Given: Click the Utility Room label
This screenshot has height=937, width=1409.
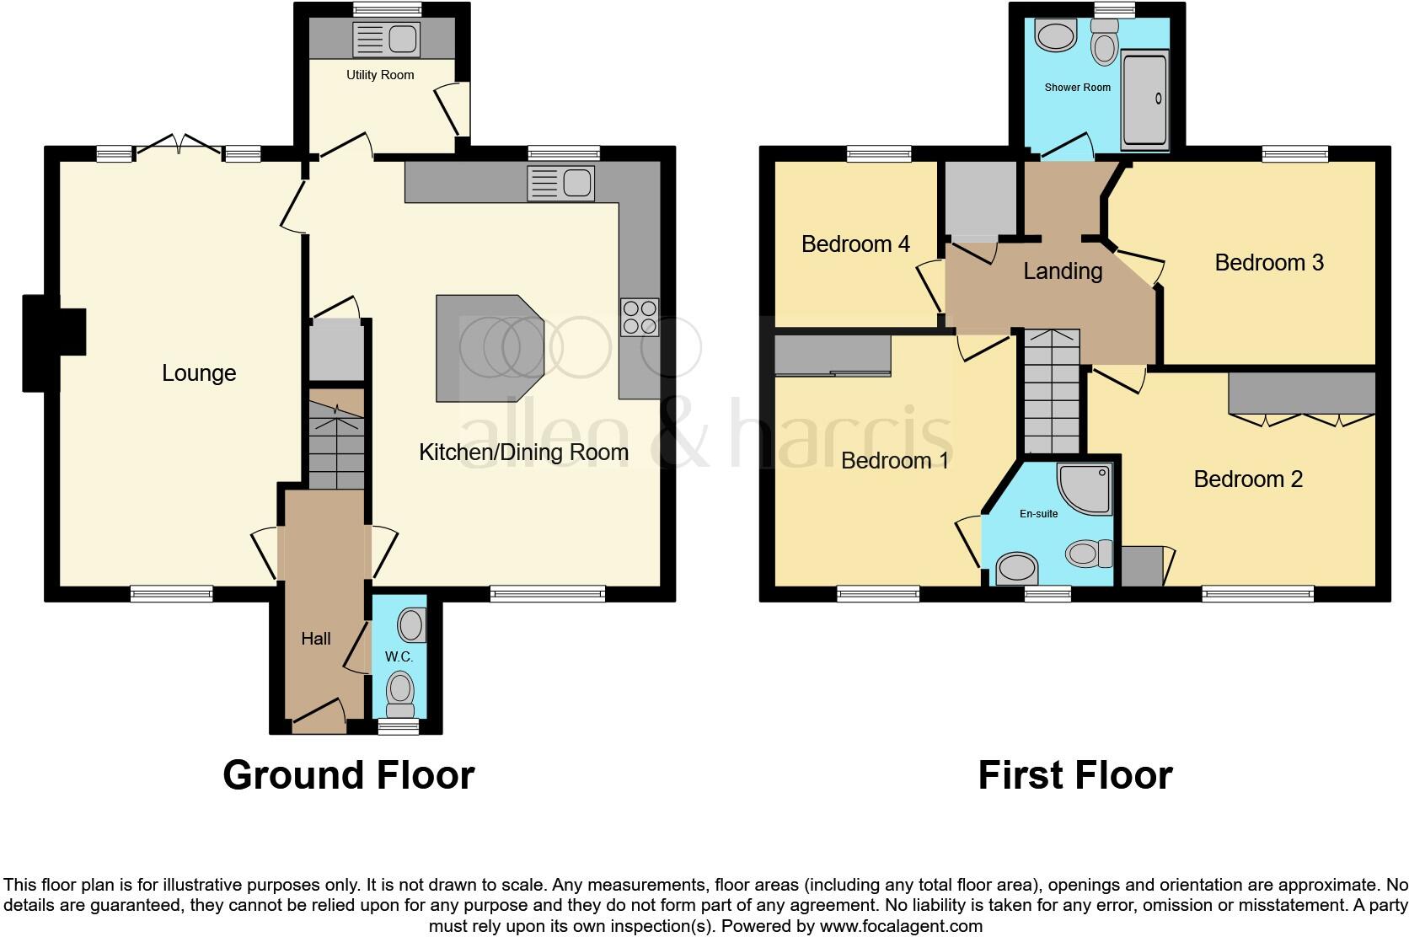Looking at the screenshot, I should [380, 75].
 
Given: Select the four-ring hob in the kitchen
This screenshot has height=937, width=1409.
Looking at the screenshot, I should [639, 318].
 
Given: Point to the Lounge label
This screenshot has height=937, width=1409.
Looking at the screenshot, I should [199, 373].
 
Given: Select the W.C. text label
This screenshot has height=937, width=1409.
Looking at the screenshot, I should [398, 656].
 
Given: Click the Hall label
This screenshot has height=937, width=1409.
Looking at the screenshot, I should [316, 639].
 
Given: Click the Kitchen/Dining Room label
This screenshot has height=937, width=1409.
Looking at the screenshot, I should [523, 452].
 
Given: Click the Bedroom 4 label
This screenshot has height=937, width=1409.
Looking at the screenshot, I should [855, 244].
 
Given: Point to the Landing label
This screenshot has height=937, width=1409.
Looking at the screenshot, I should [1063, 271].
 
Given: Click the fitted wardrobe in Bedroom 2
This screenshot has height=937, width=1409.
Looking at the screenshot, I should [1301, 393].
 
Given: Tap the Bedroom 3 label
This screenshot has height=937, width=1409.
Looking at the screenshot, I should [1269, 263].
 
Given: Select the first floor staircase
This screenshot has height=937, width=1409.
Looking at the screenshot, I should [1052, 392].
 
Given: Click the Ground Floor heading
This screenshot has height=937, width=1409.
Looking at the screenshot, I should [349, 775].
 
